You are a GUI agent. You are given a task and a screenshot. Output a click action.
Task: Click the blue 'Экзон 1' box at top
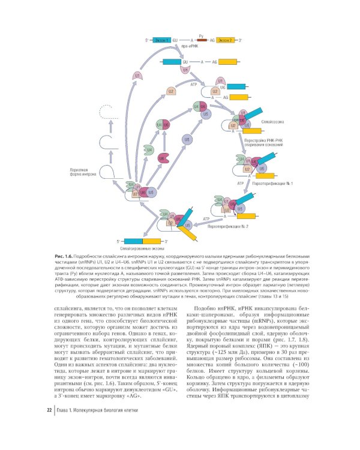(x=162, y=39)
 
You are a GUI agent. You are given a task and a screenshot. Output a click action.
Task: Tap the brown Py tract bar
(x=202, y=39)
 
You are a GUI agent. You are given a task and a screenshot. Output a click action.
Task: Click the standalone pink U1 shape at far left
(x=137, y=76)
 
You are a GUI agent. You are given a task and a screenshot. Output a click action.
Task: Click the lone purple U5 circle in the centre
(x=187, y=139)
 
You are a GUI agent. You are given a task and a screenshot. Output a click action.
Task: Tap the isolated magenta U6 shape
(x=163, y=158)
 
